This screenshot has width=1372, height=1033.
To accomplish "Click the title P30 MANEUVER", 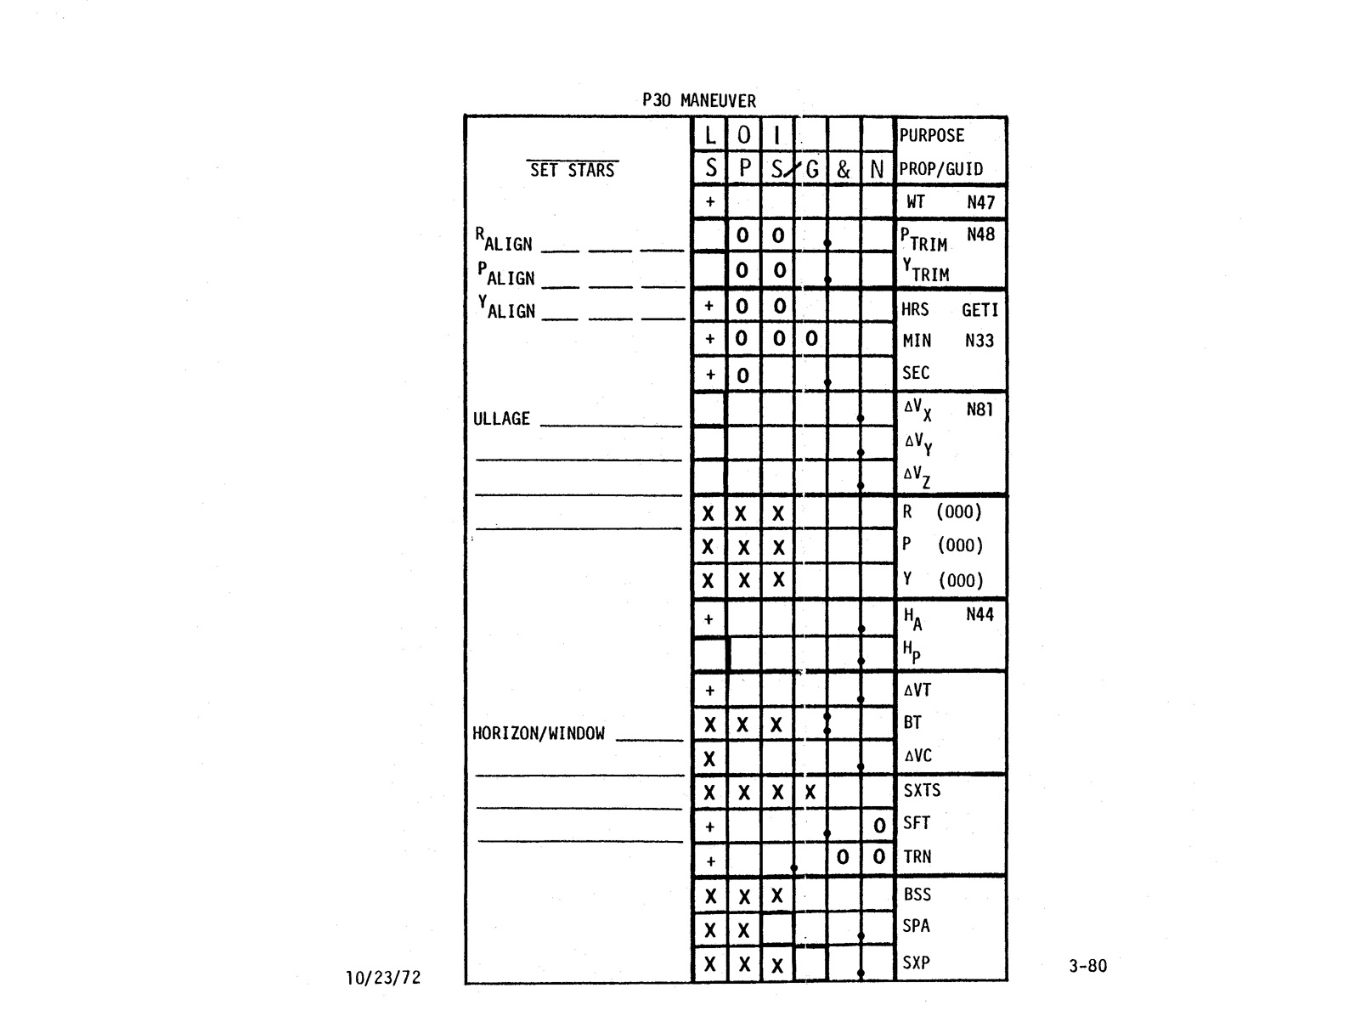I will point(698,100).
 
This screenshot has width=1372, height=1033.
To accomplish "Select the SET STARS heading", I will point(572,170).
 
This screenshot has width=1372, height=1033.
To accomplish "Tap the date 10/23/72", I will point(383,977).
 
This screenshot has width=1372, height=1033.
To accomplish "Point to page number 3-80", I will point(1087,965).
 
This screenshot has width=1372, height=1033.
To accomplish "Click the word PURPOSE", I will point(931,135).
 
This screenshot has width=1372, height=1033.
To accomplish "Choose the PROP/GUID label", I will point(940,169).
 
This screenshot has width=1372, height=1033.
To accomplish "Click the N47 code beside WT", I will point(980,202).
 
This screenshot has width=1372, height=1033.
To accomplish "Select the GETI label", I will point(980,310).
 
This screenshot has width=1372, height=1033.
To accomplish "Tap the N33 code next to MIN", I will point(979,341).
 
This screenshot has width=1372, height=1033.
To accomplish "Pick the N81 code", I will point(980,409).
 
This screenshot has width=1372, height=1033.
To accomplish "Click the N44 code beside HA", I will point(980,614).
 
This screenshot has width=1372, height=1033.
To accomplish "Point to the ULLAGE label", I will point(501,419).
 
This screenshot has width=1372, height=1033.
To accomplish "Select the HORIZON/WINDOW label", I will point(539,733).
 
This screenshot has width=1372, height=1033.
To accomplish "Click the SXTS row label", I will point(922,790).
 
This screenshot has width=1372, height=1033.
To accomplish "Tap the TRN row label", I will point(917,856).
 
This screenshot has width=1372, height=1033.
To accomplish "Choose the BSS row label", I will point(917,894).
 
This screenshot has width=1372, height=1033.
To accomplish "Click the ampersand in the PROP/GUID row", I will point(843,170).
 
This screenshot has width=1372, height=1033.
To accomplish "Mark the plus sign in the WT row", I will point(709,202).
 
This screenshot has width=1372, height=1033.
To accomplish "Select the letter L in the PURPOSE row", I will point(710,136).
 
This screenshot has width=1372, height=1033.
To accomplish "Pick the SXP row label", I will point(916,962).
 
